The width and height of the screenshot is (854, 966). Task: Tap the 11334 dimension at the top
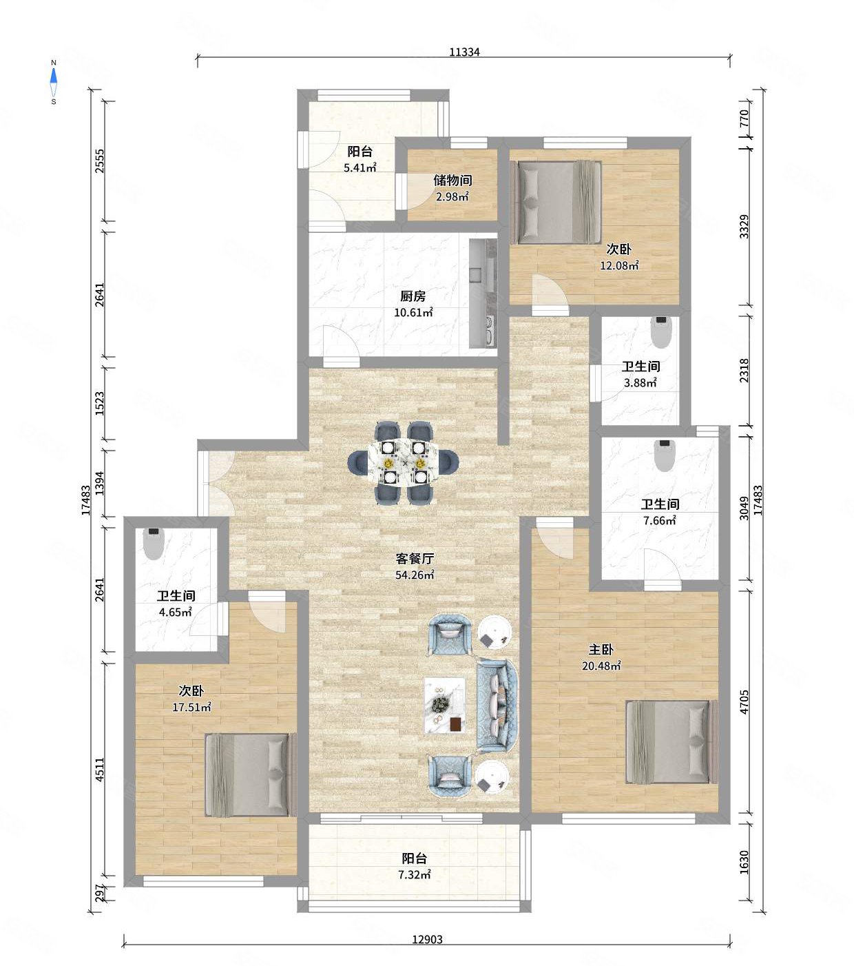coord(464,52)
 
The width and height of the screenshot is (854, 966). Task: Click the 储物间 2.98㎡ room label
coord(452,188)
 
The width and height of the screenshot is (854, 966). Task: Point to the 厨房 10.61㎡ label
coord(413,304)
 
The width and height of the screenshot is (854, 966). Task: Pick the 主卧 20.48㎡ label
coord(601,657)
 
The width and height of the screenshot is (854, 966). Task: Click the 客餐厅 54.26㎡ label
coord(415,566)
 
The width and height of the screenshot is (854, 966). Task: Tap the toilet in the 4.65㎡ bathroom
coord(154,543)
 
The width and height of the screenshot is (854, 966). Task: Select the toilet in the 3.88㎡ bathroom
coord(661,332)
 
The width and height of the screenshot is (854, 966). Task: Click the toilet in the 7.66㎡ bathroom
coord(665,455)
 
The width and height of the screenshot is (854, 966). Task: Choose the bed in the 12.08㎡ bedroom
coord(556,202)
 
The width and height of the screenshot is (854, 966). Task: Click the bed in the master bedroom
coord(671,741)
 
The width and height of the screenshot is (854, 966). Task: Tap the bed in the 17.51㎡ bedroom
coord(251,775)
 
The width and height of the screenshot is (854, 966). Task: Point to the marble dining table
coord(404,462)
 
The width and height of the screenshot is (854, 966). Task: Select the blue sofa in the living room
coord(497,706)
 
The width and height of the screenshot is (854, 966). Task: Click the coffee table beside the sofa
coord(445,706)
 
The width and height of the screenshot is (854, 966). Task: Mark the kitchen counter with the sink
coord(483,294)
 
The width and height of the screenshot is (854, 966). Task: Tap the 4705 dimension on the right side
coord(744,701)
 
